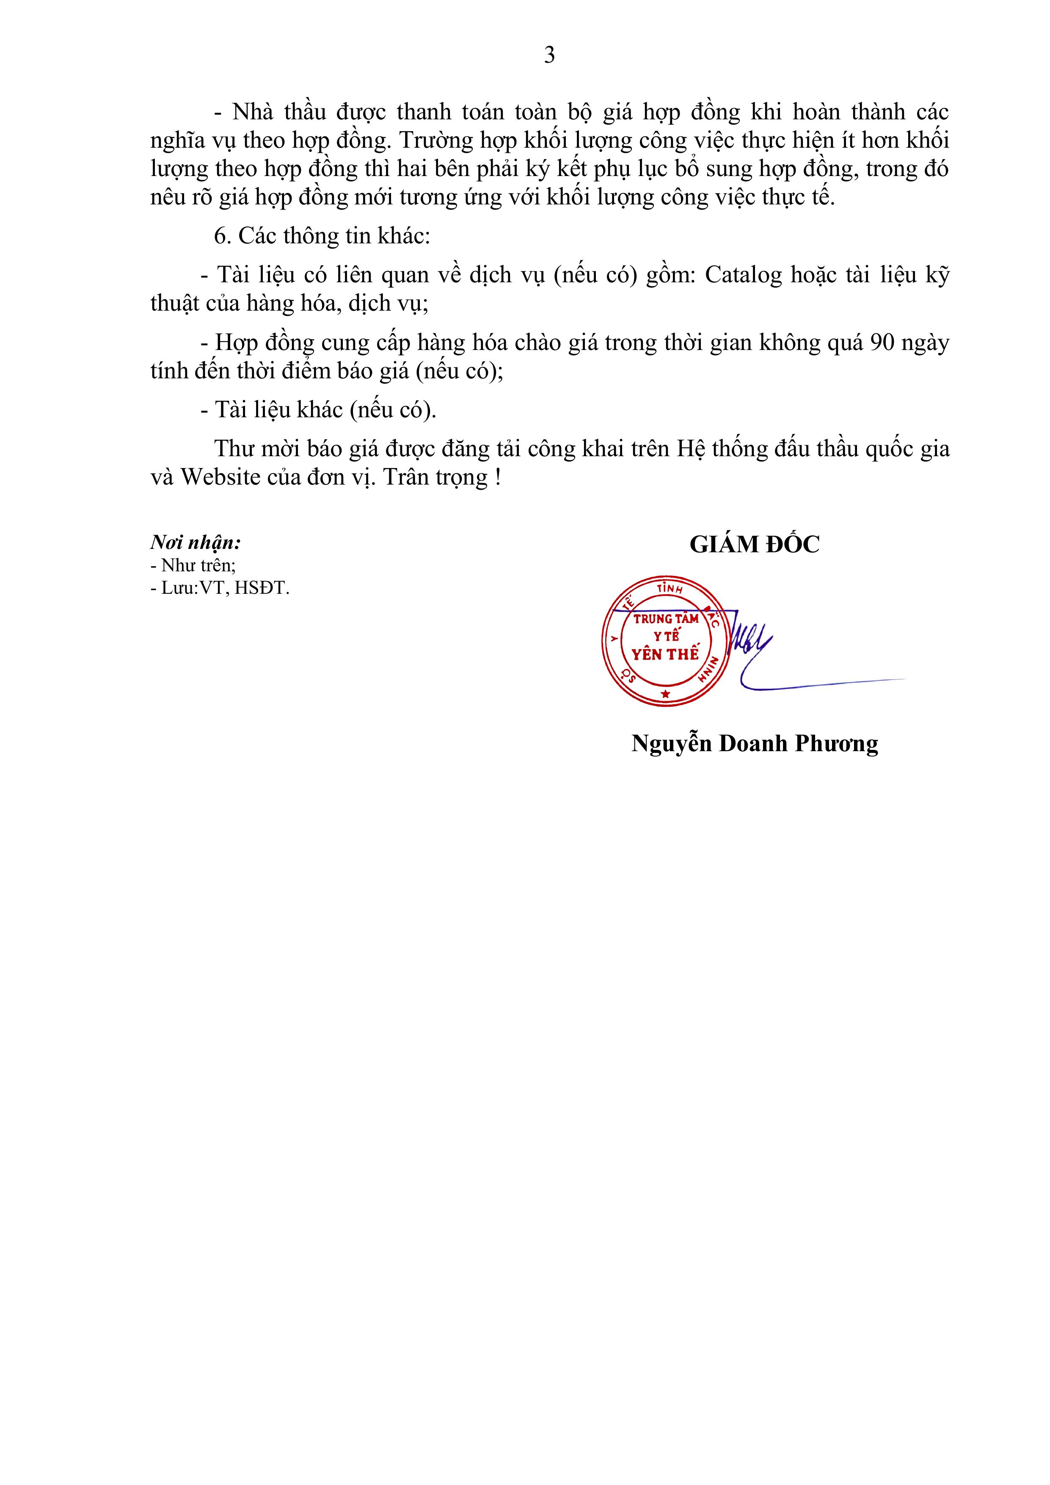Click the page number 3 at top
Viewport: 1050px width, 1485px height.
pyautogui.click(x=549, y=55)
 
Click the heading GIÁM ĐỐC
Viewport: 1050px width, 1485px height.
pyautogui.click(x=754, y=545)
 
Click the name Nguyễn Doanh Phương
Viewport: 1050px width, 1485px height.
pyautogui.click(x=754, y=744)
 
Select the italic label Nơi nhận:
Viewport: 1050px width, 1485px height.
pyautogui.click(x=196, y=542)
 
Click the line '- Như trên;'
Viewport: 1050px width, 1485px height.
pyautogui.click(x=193, y=565)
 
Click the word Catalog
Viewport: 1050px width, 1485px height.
pyautogui.click(x=744, y=276)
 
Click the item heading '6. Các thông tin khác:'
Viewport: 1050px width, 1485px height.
pyautogui.click(x=322, y=236)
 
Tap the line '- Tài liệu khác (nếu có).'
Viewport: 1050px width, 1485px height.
pyautogui.click(x=318, y=410)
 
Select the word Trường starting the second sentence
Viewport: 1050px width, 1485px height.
pyautogui.click(x=435, y=141)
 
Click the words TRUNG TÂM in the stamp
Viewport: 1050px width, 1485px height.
pyautogui.click(x=666, y=619)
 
